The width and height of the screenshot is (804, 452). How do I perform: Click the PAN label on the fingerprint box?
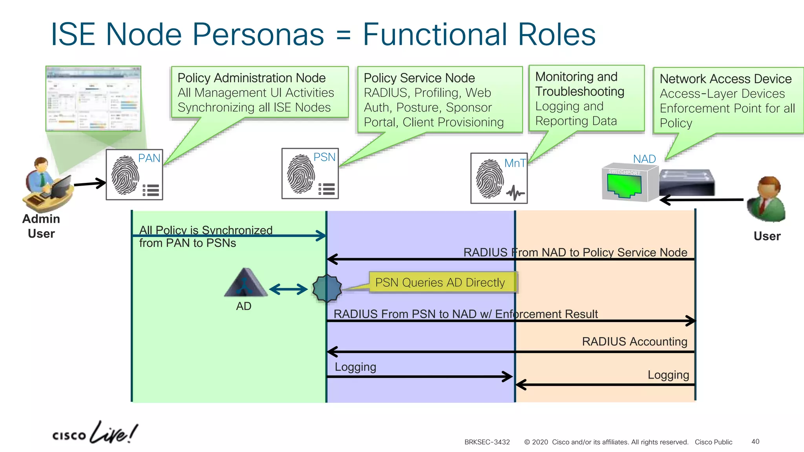click(149, 158)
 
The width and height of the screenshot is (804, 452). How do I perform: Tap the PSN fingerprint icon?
click(301, 174)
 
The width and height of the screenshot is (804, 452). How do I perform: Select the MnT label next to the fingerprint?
click(515, 163)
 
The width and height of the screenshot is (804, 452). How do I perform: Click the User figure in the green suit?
click(767, 199)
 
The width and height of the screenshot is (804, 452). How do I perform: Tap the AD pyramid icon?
click(245, 282)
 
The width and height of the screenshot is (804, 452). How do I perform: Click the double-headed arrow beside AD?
click(289, 290)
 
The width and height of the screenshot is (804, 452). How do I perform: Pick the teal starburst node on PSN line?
click(327, 288)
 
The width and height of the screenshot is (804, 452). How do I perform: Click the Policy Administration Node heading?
click(252, 78)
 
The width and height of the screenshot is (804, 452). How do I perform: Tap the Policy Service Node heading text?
click(419, 78)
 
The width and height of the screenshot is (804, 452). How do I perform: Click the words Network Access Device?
click(725, 79)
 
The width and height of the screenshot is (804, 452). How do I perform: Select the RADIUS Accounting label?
click(634, 341)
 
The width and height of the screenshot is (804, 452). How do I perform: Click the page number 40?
click(755, 441)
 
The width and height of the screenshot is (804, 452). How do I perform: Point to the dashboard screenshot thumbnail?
click(93, 98)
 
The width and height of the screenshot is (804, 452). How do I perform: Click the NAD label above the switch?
click(644, 159)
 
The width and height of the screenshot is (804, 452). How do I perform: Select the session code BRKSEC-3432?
click(487, 442)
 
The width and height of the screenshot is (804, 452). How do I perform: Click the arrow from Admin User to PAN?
click(90, 183)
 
